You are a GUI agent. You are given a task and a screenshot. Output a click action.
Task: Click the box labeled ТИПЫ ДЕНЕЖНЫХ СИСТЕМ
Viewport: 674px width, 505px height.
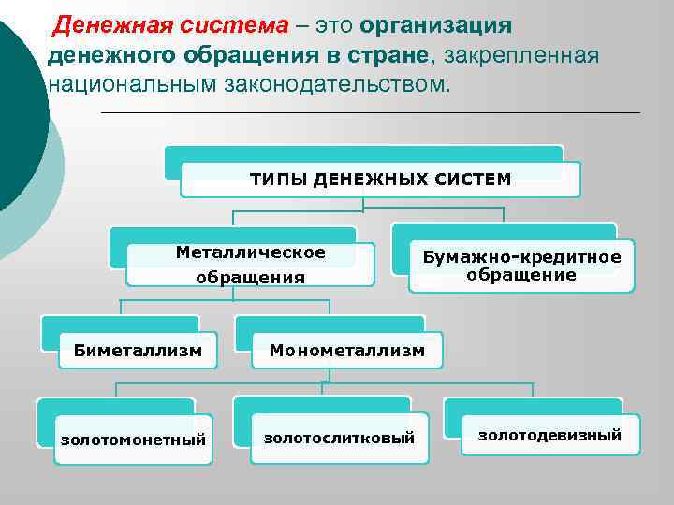click(380, 179)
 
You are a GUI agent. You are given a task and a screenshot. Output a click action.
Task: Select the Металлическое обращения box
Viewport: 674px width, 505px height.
click(250, 265)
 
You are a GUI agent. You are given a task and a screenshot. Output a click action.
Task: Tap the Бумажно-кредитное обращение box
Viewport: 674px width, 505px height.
click(521, 267)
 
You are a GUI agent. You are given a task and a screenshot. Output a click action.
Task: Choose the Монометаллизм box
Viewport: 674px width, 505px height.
click(346, 351)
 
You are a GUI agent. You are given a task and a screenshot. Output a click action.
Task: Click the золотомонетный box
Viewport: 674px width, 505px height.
click(133, 439)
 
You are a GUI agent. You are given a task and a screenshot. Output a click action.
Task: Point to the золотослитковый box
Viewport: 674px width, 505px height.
click(339, 438)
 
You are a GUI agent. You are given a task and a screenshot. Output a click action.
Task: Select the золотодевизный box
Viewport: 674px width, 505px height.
click(549, 435)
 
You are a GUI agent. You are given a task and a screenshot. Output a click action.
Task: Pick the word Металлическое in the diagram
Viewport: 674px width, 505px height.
click(251, 252)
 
